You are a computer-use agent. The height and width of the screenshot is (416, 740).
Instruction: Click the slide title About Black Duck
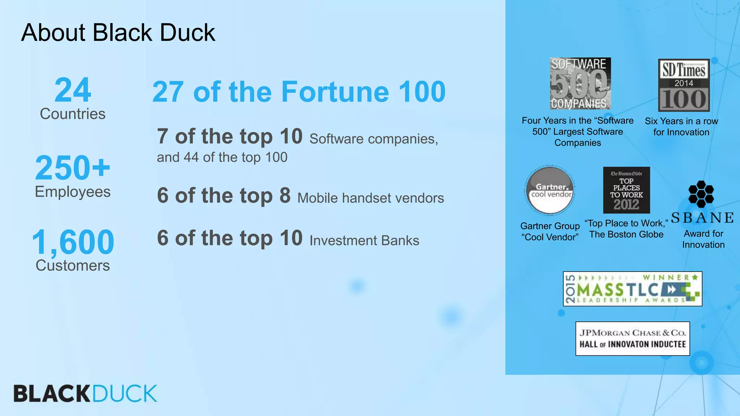tap(118, 32)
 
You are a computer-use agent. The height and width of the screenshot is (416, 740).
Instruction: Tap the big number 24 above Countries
tap(73, 90)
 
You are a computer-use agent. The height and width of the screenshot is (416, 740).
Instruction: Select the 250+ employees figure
tap(73, 168)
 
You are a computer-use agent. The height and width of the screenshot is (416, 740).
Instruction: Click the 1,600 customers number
tap(73, 242)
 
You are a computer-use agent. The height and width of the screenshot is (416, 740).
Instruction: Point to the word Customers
tap(73, 266)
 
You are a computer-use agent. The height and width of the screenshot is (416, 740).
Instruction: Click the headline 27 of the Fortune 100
tap(299, 92)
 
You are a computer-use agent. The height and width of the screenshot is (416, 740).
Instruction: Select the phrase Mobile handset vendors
tap(370, 198)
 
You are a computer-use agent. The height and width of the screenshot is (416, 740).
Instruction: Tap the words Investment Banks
tap(364, 241)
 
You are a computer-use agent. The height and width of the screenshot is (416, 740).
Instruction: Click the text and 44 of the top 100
tap(222, 157)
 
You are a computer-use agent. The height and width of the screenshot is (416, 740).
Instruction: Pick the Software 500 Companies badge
tap(580, 83)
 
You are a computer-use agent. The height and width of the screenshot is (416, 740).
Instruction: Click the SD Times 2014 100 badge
tap(684, 85)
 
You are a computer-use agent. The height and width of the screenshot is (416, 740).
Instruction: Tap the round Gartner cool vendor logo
tap(550, 190)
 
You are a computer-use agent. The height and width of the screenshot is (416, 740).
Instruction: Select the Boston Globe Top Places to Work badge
tap(626, 190)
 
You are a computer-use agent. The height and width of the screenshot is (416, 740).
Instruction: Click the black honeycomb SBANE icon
tap(701, 194)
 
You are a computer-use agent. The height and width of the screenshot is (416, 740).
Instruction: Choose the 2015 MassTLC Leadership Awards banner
tap(632, 289)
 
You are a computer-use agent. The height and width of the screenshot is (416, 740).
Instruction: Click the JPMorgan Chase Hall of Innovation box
tap(632, 339)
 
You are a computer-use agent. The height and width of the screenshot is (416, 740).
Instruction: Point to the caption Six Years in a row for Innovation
tap(681, 127)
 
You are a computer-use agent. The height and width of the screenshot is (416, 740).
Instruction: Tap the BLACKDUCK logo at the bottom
tap(85, 393)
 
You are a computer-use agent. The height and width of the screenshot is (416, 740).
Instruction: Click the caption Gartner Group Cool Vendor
tap(550, 231)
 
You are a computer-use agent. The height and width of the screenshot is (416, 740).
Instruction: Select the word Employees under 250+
tap(73, 192)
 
